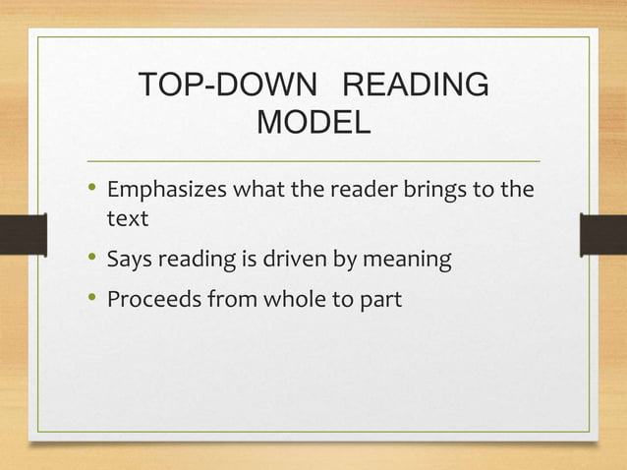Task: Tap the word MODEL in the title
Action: [313, 124]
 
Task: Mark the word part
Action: [380, 299]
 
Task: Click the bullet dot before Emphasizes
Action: [91, 187]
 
